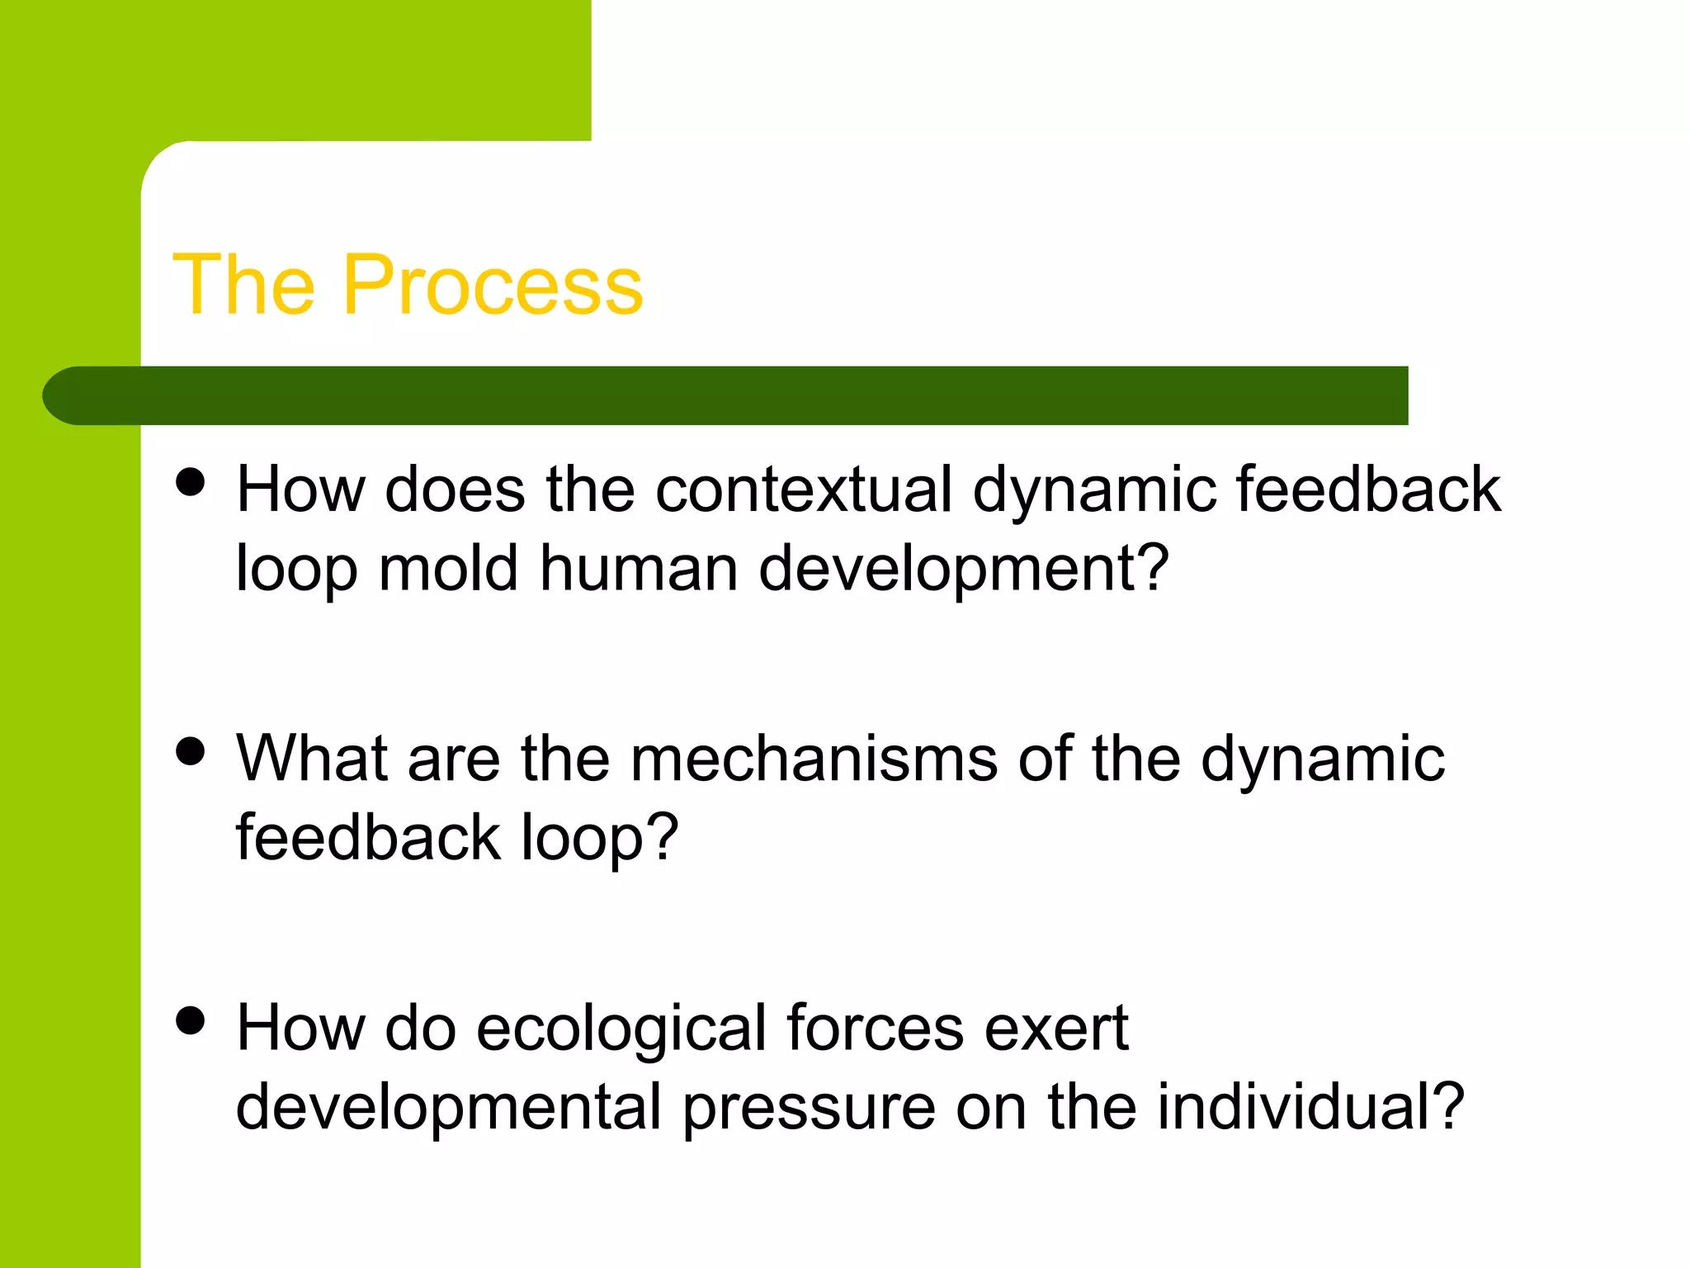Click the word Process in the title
coord(492,285)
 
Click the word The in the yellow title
coord(244,285)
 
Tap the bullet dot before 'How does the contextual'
coord(191,482)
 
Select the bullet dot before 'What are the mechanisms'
coord(191,752)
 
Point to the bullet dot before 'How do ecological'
coord(191,1021)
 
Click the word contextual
coord(804,490)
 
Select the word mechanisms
coord(814,759)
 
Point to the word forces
coord(876,1029)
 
